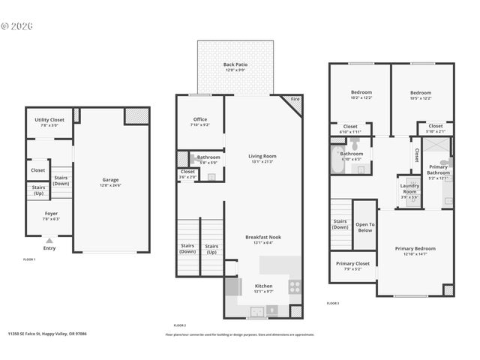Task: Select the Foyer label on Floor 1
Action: pos(50,215)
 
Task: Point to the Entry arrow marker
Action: pos(49,241)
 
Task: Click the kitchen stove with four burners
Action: pos(295,286)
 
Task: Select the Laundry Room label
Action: pos(409,188)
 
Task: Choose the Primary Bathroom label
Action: pos(438,172)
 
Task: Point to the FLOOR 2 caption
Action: pos(179,325)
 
